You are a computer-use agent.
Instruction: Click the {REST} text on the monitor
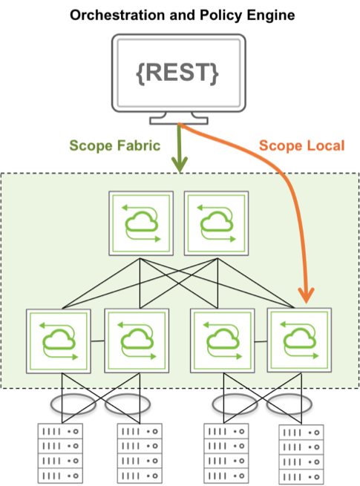coord(177,73)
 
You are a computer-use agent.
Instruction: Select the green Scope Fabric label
coord(115,145)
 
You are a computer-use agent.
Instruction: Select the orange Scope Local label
coord(301,145)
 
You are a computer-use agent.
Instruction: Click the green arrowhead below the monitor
coord(180,164)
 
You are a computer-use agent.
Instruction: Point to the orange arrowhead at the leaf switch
coord(306,295)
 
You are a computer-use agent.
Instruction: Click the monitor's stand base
coord(179,121)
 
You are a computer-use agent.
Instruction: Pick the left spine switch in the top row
coord(141,223)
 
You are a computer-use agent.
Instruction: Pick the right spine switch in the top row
coord(217,223)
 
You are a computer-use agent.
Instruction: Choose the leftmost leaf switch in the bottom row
coord(59,341)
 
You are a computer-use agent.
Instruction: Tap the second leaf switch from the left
coord(137,341)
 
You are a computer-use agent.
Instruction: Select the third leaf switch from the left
coord(223,341)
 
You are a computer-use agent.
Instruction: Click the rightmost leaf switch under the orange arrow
coord(300,340)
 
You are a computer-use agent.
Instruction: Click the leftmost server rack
coord(60,453)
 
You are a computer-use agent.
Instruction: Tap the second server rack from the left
coord(140,453)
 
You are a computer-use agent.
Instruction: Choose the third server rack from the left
coord(226,453)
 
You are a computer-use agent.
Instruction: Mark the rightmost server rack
coord(301,454)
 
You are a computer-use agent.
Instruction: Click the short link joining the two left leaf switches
coord(98,341)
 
